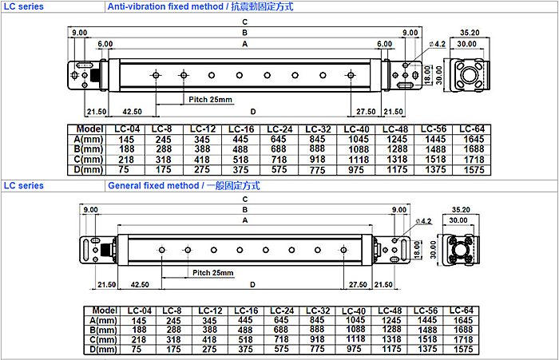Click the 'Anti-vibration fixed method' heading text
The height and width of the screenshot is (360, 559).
click(159, 6)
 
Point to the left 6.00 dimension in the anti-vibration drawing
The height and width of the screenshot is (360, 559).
click(105, 43)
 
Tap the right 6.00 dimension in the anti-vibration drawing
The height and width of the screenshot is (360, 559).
click(384, 43)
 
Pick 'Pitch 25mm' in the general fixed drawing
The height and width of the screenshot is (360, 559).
click(212, 273)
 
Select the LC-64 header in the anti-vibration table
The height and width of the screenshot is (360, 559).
click(473, 129)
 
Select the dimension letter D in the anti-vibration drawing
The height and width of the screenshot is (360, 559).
click(252, 111)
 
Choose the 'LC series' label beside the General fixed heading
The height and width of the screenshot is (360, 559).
click(23, 186)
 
